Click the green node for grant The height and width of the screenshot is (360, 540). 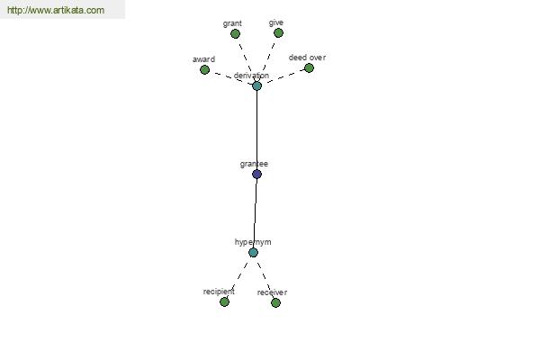[235, 34]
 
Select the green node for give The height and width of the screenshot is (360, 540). [279, 33]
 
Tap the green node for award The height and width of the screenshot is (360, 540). [204, 70]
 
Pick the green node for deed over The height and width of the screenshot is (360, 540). [309, 68]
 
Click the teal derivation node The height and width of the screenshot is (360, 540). [256, 85]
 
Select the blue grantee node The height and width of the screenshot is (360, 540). [256, 175]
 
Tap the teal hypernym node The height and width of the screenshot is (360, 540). [253, 253]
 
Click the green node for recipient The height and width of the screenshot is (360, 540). [224, 302]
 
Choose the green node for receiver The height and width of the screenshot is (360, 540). [275, 302]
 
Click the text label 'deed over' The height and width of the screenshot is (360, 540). [307, 58]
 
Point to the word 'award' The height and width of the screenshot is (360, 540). [204, 59]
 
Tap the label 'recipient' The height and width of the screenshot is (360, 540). [219, 292]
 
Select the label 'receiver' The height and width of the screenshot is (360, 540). [272, 292]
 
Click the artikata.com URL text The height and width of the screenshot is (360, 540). [56, 10]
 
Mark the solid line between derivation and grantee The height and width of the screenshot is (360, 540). [256, 130]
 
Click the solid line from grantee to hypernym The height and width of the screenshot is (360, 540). [256, 213]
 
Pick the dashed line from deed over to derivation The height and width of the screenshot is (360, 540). [283, 77]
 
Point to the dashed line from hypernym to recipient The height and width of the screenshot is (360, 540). [239, 276]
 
